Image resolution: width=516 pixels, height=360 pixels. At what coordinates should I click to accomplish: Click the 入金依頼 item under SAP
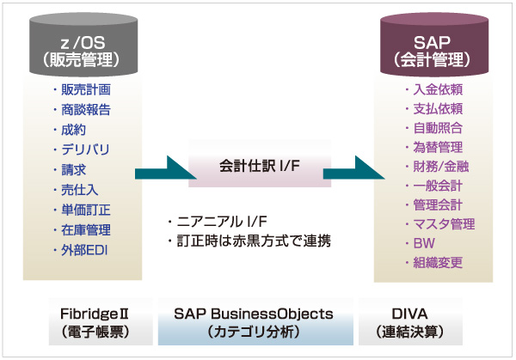436,89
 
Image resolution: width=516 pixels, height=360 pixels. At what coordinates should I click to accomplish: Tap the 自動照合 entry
436,127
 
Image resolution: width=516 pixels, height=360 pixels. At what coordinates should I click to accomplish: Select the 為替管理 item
436,147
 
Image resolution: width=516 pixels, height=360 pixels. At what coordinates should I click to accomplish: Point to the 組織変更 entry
436,263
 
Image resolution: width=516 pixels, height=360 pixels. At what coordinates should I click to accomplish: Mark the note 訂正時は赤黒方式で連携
249,241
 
